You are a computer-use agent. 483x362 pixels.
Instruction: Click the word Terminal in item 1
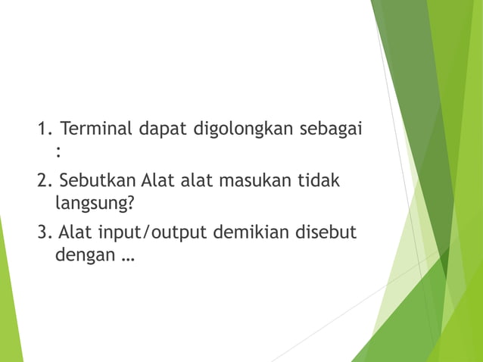95,128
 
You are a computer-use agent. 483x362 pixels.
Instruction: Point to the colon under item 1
58,151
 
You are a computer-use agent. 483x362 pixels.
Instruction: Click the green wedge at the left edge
9,303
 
